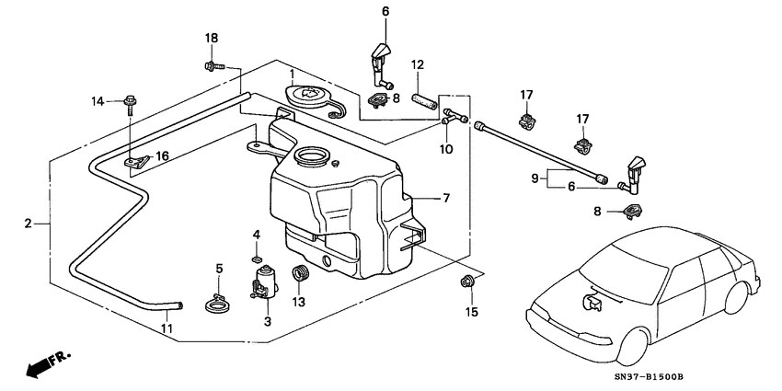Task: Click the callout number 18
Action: point(212,38)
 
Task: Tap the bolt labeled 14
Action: point(131,101)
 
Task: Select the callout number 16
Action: point(162,156)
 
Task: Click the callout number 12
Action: point(417,64)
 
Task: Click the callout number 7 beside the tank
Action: point(446,198)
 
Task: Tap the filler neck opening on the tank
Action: point(311,157)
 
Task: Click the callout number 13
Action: point(298,302)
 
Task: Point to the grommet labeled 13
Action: point(298,273)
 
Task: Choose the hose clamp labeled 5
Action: point(217,301)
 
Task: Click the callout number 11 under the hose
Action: point(167,328)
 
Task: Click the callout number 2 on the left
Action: point(29,224)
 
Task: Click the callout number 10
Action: point(445,149)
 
